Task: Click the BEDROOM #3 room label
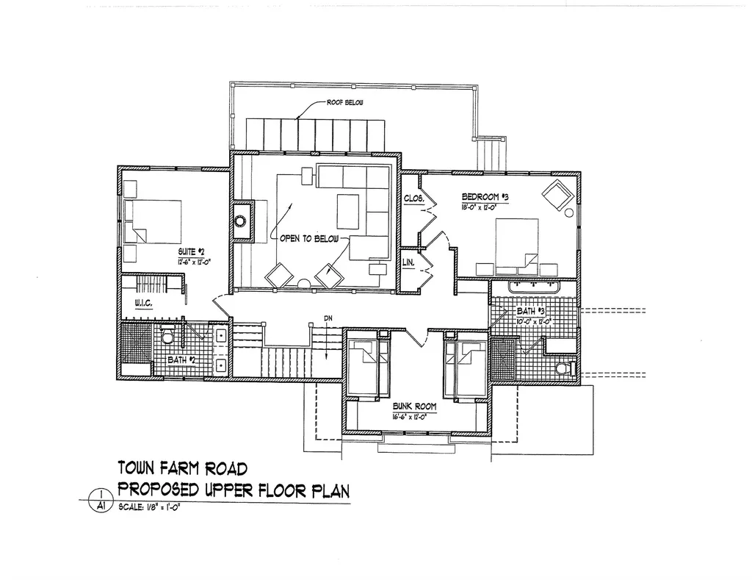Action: click(x=485, y=197)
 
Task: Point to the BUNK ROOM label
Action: click(x=415, y=406)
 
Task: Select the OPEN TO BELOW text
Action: click(x=308, y=240)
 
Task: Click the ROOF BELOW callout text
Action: click(x=344, y=103)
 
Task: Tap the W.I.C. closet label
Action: click(x=143, y=303)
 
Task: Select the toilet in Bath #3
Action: click(x=564, y=368)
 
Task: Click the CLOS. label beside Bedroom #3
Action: click(x=412, y=198)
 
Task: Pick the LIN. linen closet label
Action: click(x=409, y=262)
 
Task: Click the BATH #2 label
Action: click(x=181, y=360)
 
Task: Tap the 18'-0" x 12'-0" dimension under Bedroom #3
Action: click(x=485, y=208)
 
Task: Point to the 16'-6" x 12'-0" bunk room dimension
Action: click(x=415, y=417)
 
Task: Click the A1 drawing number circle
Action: click(x=98, y=504)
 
